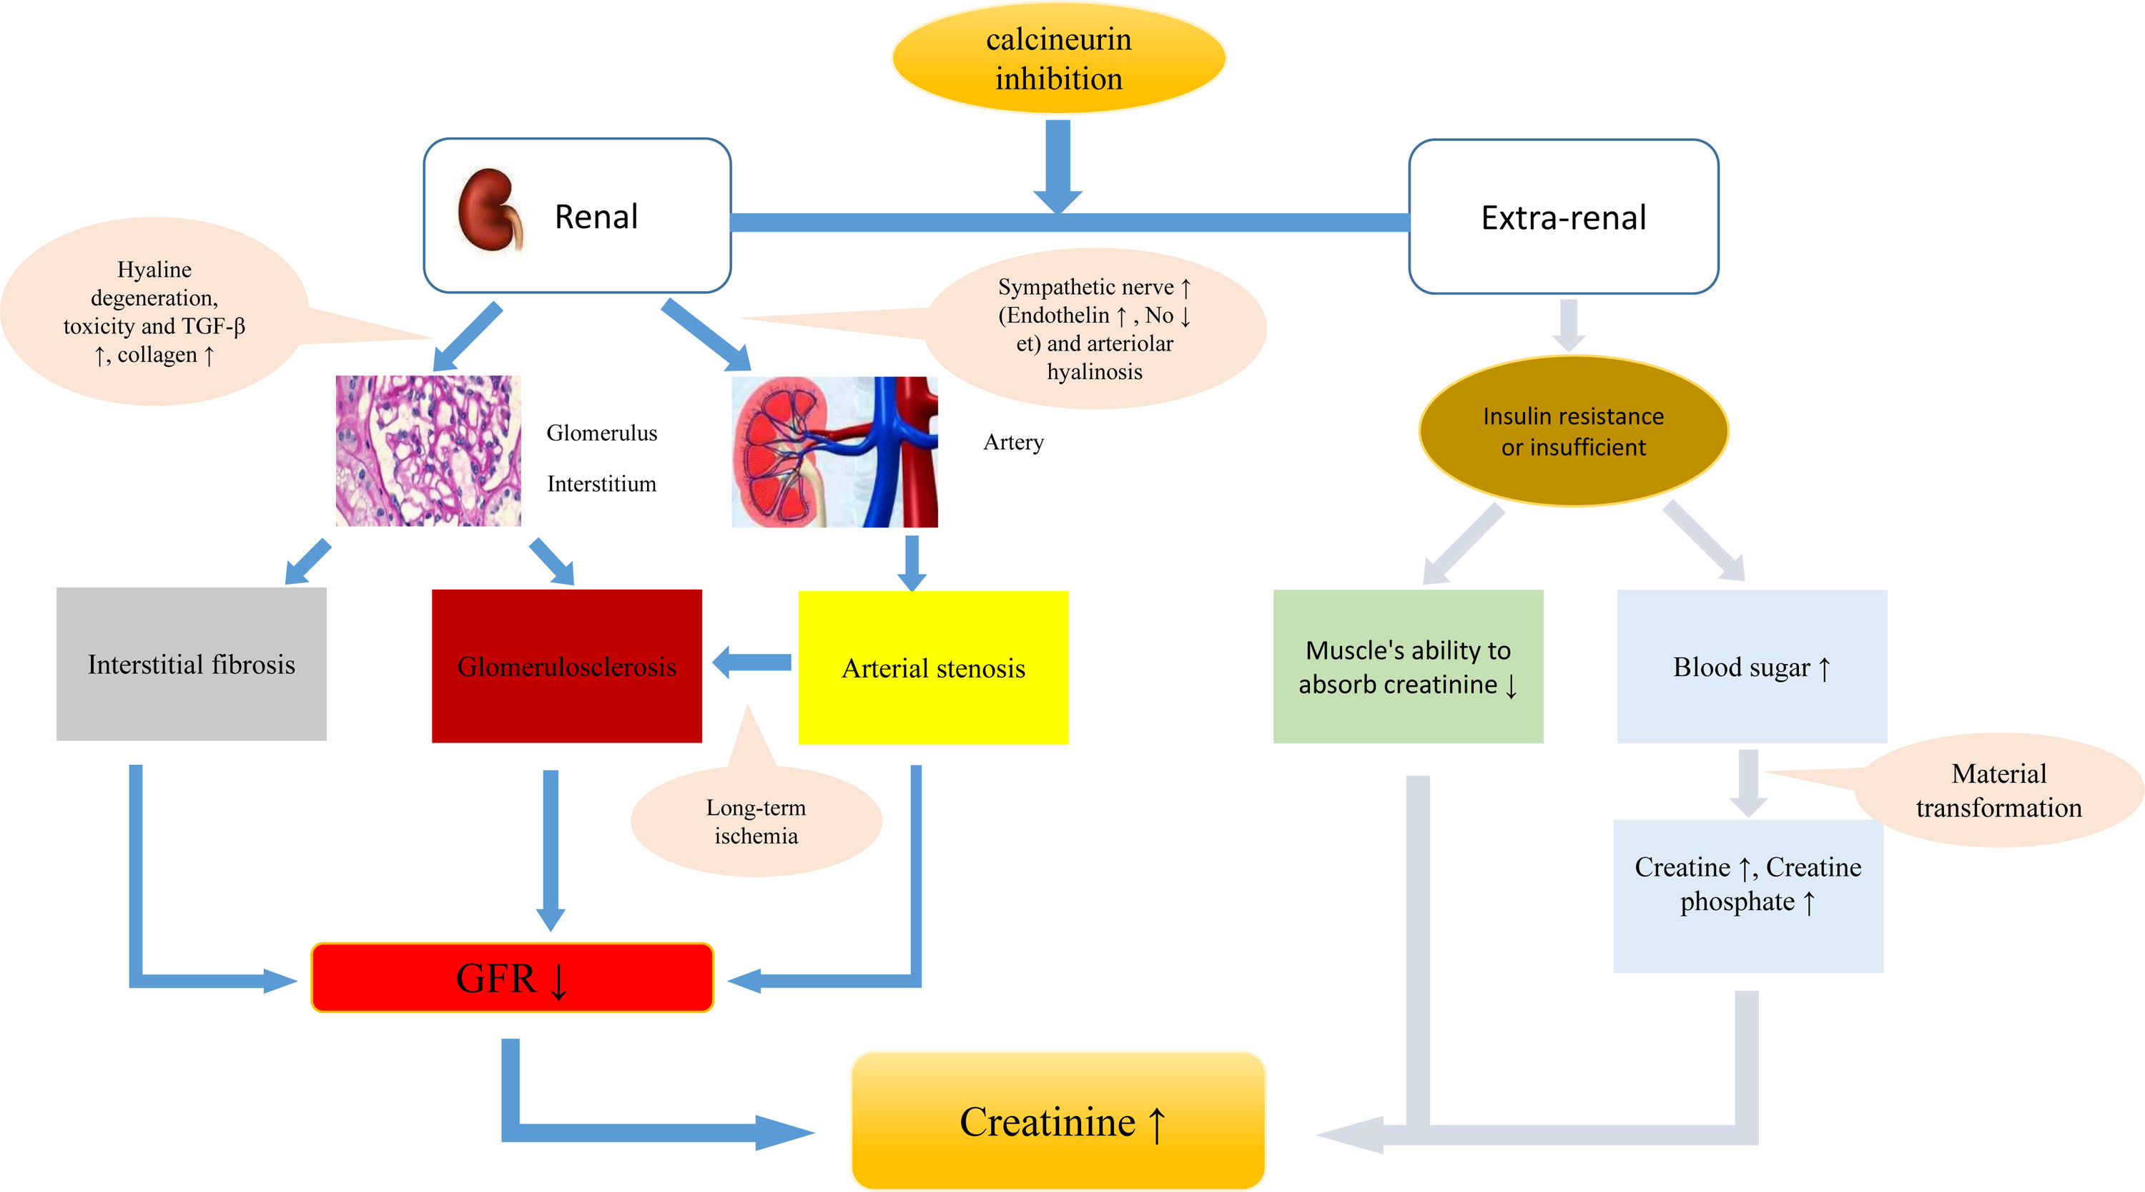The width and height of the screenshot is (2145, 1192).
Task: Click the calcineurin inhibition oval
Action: tap(1058, 58)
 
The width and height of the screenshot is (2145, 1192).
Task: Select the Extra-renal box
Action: tap(1563, 217)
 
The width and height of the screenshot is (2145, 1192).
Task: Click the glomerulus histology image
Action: tap(428, 451)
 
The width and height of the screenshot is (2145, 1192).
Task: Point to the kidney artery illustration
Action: tap(834, 451)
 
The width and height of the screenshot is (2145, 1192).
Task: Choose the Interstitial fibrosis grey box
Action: tap(192, 664)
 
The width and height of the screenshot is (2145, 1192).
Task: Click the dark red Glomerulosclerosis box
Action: tap(566, 665)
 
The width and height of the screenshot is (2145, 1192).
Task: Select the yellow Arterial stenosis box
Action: tap(932, 668)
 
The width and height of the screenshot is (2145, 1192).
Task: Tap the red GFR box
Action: tap(512, 977)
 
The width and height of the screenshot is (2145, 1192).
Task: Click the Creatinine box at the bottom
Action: tap(1058, 1120)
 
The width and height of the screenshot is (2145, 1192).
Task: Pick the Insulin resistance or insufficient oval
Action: tap(1573, 431)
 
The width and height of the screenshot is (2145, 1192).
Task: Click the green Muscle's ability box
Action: tap(1408, 666)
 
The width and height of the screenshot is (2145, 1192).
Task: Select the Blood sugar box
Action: tap(1751, 666)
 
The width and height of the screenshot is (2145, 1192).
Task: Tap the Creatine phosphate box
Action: tap(1747, 896)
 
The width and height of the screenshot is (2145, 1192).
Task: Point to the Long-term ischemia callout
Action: tap(756, 821)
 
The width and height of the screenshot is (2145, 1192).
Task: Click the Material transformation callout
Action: tap(1998, 791)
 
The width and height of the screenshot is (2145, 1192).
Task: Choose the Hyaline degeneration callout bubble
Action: tap(154, 311)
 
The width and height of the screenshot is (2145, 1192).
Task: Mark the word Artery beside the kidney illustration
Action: tap(1013, 442)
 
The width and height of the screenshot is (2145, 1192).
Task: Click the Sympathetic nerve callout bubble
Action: tap(1094, 329)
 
